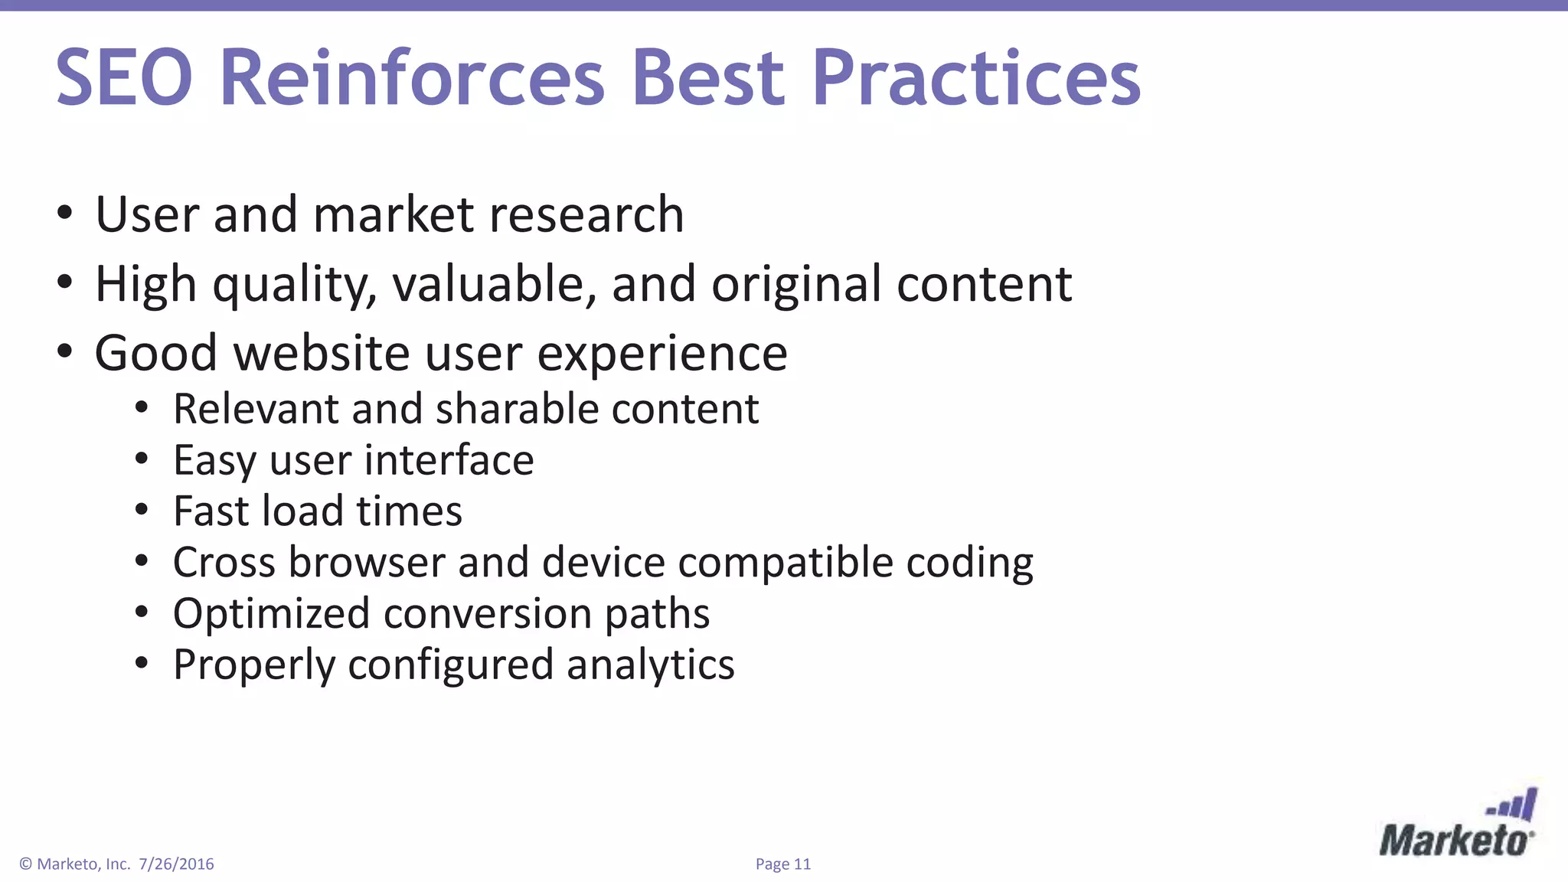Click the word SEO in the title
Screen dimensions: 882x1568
click(x=124, y=78)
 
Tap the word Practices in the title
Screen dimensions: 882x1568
click(x=976, y=78)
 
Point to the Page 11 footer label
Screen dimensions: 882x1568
click(x=782, y=864)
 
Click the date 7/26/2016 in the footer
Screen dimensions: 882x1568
click(x=176, y=864)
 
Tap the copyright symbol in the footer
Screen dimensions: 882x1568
click(x=25, y=864)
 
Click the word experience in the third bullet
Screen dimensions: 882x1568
click(x=662, y=354)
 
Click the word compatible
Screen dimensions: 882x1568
click(x=786, y=563)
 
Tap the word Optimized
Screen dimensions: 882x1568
click(x=271, y=614)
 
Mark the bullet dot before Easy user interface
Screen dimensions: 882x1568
click(x=141, y=459)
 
